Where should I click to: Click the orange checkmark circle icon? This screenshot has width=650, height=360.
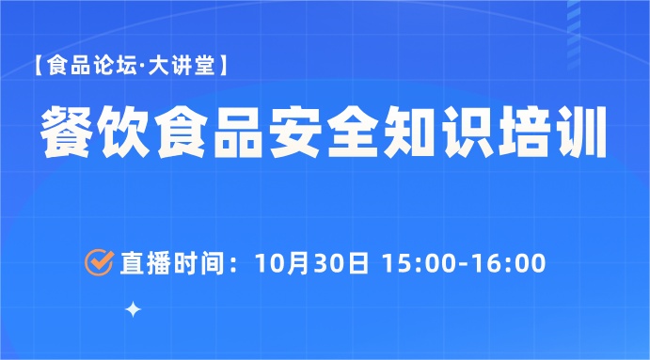click(99, 262)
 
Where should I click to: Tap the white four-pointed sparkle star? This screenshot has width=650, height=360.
click(134, 309)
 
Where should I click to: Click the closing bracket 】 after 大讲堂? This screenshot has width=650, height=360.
click(229, 68)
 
